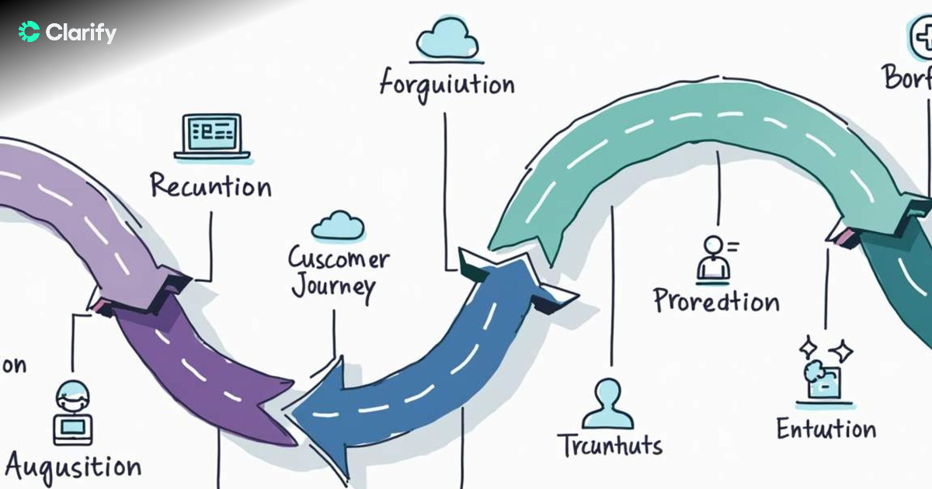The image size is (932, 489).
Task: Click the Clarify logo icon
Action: pos(29,32)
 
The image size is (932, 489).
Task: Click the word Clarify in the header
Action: pos(81,33)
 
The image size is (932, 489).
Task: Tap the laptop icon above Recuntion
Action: pos(211,137)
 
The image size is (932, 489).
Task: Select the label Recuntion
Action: pos(210,187)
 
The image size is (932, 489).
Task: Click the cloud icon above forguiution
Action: pos(446,40)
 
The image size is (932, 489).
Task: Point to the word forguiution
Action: pos(447,83)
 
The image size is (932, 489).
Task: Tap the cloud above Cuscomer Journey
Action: pos(338,226)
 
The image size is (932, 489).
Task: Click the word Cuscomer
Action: pos(339,258)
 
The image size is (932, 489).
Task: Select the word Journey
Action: pos(333,288)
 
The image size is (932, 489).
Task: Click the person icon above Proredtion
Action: pos(715,258)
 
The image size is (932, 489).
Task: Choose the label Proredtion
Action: pos(715,300)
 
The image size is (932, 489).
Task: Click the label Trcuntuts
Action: pos(610,446)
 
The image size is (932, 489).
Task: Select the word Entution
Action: pos(826,428)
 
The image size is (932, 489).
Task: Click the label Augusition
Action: pos(74,466)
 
